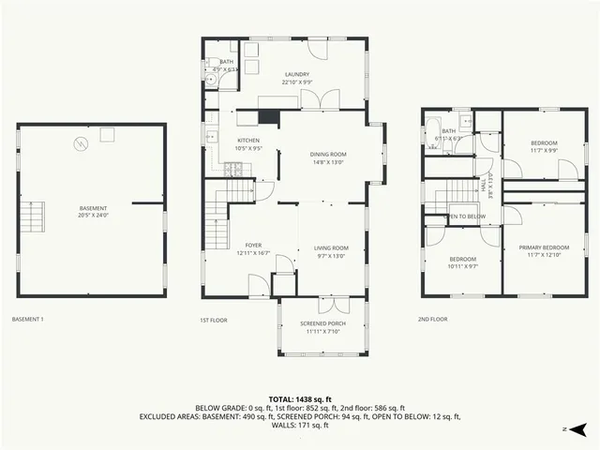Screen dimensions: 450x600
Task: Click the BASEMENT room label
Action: pyautogui.click(x=93, y=208)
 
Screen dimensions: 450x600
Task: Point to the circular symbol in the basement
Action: pyautogui.click(x=81, y=143)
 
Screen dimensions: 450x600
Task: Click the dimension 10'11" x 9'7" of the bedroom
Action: pyautogui.click(x=462, y=266)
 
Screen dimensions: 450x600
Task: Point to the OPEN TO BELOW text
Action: pyautogui.click(x=464, y=216)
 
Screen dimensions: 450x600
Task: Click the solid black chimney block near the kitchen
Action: pyautogui.click(x=268, y=117)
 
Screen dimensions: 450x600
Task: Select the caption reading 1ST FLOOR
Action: pyautogui.click(x=213, y=320)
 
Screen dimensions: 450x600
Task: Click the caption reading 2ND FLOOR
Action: pyautogui.click(x=432, y=320)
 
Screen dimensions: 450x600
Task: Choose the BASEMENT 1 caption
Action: pyautogui.click(x=27, y=320)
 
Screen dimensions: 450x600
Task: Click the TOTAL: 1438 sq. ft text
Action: pyautogui.click(x=299, y=399)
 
